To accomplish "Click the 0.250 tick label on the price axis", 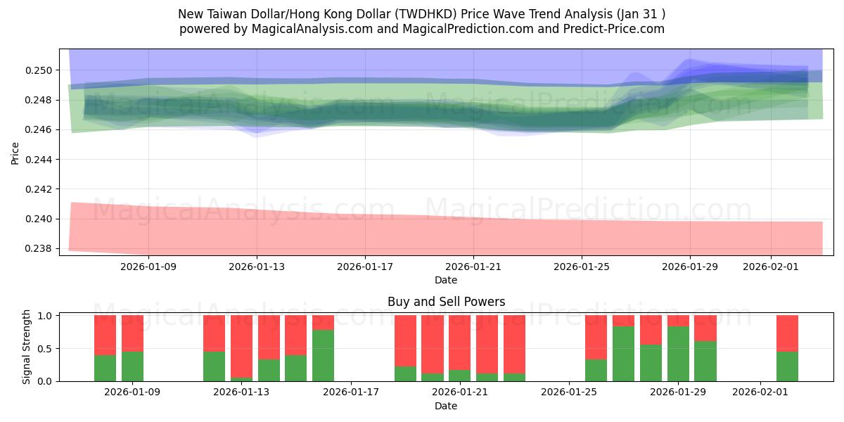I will click(x=39, y=70).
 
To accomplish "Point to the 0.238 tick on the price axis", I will click(x=39, y=249).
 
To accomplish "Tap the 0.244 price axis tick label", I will click(x=39, y=160).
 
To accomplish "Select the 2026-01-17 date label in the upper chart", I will click(x=364, y=267).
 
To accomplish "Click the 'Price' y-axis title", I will click(x=15, y=152).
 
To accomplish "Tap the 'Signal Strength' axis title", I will click(x=27, y=347).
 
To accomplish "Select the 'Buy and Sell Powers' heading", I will click(x=446, y=302).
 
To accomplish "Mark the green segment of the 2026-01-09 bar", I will click(x=132, y=366).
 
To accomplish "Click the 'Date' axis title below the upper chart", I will click(x=446, y=280).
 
